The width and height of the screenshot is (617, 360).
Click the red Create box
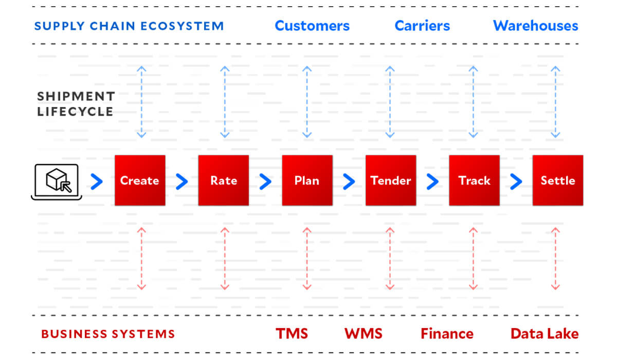[x=140, y=181]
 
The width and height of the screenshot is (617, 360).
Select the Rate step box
[x=224, y=181]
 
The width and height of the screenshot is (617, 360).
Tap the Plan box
[x=307, y=181]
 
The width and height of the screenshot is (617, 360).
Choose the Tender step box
[x=391, y=181]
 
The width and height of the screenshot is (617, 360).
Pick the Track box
[x=474, y=181]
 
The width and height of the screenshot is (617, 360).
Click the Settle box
[x=558, y=181]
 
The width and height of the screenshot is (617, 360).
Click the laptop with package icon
[x=55, y=181]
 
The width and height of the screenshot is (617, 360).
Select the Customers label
[x=312, y=26]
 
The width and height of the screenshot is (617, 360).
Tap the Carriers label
[x=422, y=26]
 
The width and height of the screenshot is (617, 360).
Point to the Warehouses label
[x=535, y=26]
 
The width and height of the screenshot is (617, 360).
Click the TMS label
[x=292, y=334]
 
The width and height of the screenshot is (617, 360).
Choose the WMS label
[x=364, y=334]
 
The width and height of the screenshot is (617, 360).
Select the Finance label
[x=447, y=334]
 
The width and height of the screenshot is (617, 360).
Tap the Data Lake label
[x=544, y=334]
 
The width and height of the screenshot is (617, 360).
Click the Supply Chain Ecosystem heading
[x=129, y=26]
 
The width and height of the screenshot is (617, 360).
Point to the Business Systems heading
[x=108, y=334]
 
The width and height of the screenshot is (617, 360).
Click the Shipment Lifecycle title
[x=76, y=104]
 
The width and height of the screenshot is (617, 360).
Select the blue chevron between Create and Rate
[x=182, y=181]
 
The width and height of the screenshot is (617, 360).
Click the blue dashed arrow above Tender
[x=390, y=102]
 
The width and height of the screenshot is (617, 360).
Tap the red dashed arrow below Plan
[x=307, y=259]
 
